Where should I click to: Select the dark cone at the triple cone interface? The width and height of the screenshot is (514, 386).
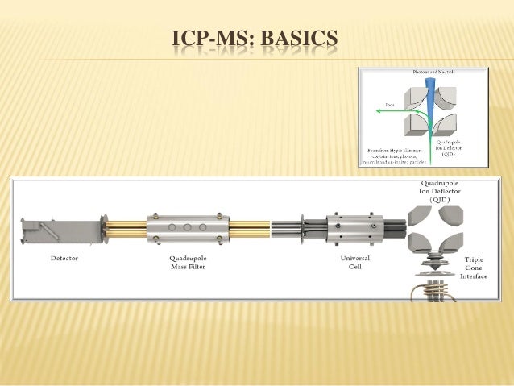(436, 265)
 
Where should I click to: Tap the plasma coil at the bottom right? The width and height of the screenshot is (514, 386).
(436, 287)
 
